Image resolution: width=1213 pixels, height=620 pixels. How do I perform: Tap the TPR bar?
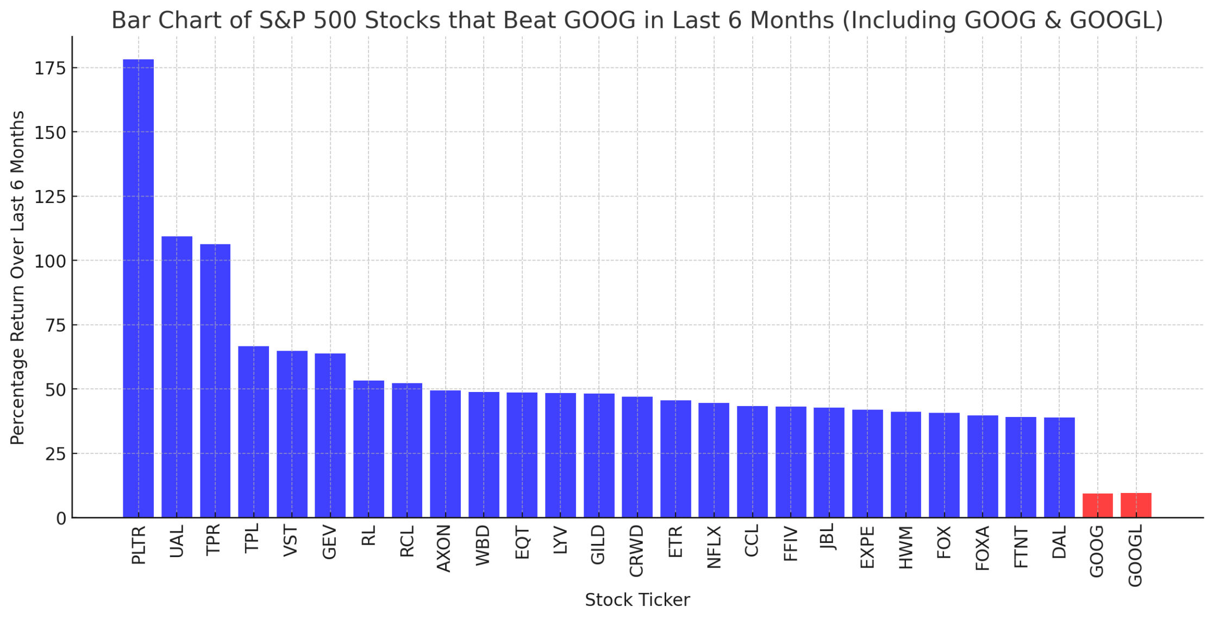215,381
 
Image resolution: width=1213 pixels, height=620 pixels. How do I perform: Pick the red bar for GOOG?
1097,505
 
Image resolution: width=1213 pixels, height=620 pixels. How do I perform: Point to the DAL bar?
1059,467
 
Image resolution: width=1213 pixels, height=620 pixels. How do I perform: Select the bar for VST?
292,434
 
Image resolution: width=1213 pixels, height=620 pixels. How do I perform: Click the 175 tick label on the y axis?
50,68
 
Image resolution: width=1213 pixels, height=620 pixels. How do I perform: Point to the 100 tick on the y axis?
50,261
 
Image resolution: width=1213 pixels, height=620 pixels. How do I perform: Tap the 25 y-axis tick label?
55,454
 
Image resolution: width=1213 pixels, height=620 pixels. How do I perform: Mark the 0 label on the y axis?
61,518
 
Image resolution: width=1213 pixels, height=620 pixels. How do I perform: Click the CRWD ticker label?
636,551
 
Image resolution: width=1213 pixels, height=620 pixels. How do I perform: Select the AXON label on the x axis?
445,548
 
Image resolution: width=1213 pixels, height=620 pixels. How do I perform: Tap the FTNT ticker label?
1021,547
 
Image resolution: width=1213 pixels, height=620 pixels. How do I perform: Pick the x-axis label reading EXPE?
867,547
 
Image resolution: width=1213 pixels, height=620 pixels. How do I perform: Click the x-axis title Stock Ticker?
637,600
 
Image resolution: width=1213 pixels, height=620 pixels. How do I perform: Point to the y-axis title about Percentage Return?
18,277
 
